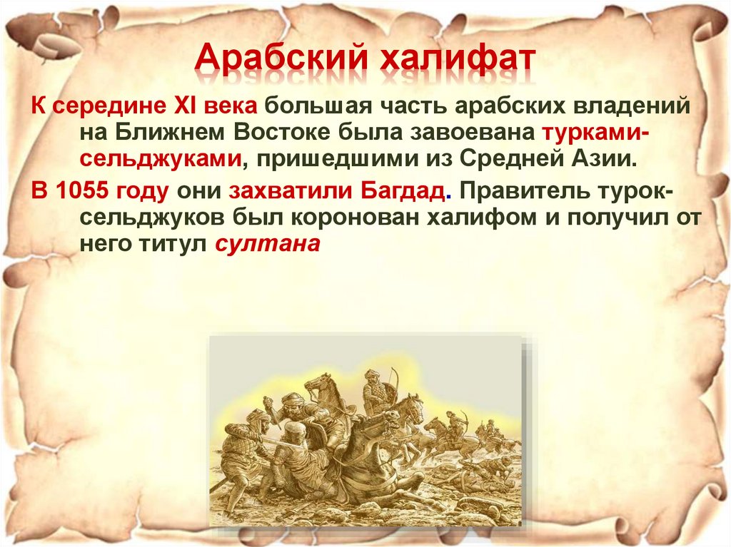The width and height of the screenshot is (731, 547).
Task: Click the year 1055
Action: click(87, 192)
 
